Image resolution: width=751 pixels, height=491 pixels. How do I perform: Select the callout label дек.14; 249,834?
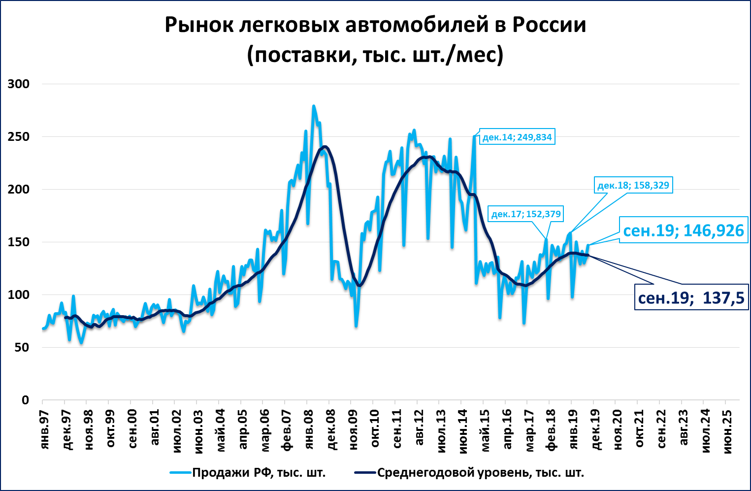coord(517,137)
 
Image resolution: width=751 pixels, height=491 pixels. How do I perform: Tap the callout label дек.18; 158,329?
coord(633,185)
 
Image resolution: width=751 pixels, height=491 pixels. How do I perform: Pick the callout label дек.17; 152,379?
coord(526,214)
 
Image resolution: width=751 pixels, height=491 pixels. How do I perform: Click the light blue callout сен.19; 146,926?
coord(683,230)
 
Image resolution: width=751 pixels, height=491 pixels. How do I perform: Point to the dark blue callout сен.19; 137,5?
coord(691,297)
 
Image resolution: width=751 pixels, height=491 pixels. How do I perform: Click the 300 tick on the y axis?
coord(19,84)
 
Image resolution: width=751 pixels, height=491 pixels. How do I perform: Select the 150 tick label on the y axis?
coord(19,242)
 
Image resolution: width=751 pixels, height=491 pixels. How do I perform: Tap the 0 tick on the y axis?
coord(25,400)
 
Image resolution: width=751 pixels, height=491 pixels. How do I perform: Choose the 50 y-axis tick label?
coord(22,347)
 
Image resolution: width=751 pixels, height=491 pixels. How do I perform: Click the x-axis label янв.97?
coord(44,429)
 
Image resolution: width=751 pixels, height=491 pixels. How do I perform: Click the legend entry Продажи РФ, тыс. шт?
coord(259,473)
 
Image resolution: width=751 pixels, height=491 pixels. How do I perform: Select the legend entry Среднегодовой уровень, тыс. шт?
coord(480,473)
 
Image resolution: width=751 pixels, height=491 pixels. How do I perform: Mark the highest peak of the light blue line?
coord(313,105)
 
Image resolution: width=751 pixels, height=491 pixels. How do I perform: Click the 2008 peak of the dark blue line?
coord(325,146)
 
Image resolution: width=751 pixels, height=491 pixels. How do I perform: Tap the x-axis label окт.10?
coord(375,428)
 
